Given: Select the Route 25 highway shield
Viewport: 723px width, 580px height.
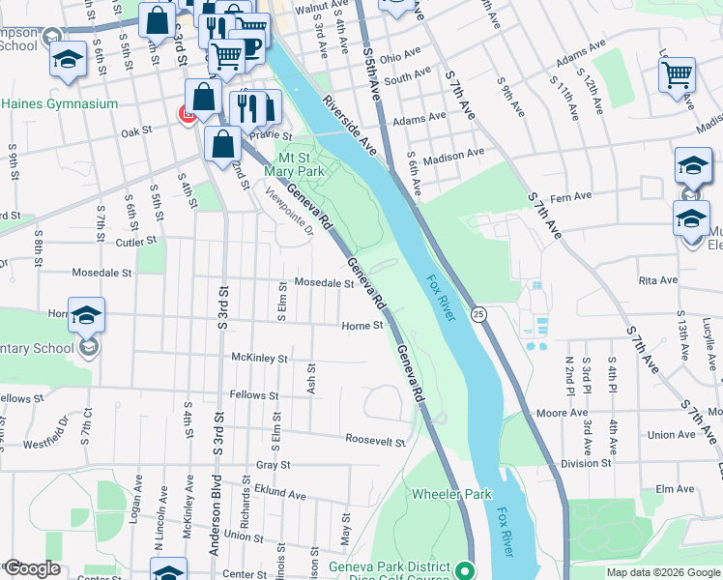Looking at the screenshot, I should point(478,313).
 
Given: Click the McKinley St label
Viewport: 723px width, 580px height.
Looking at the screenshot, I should point(260,358).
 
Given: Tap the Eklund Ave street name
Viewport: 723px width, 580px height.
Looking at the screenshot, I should point(281,494).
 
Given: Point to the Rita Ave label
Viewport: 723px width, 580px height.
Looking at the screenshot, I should point(657,280).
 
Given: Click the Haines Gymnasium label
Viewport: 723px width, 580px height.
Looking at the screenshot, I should point(60,103).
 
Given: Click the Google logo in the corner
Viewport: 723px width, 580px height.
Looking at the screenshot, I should point(31,568).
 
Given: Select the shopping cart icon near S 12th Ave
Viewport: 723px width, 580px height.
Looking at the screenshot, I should point(677,74).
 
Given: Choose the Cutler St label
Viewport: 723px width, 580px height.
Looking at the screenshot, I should point(136,241).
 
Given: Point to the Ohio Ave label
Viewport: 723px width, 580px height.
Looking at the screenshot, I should point(403,58).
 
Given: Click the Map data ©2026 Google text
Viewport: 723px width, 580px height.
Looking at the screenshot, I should point(662,572).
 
